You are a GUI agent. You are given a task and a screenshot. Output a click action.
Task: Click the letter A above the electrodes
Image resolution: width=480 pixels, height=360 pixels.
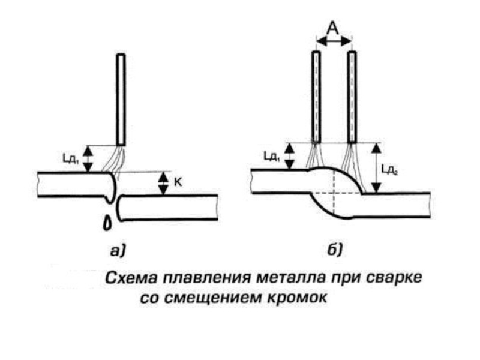[x=334, y=26]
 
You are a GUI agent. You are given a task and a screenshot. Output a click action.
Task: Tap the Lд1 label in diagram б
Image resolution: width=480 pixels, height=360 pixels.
[x=271, y=156]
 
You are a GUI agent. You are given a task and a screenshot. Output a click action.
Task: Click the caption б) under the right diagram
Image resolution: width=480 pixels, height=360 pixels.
[x=335, y=250]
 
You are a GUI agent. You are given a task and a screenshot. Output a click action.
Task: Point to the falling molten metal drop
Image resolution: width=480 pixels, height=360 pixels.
[x=108, y=222]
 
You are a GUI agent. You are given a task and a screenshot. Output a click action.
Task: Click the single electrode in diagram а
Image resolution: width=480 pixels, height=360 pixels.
[x=121, y=100]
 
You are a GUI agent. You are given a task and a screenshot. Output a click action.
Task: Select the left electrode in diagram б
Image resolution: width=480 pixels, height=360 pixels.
[x=314, y=96]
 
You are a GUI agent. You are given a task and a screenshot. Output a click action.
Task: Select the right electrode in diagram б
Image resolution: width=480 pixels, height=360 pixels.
[x=352, y=96]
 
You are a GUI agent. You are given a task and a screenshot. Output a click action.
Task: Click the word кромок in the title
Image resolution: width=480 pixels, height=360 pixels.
[x=299, y=298]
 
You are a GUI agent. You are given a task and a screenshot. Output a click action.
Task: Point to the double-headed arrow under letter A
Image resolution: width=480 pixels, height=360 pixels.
[x=334, y=41]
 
